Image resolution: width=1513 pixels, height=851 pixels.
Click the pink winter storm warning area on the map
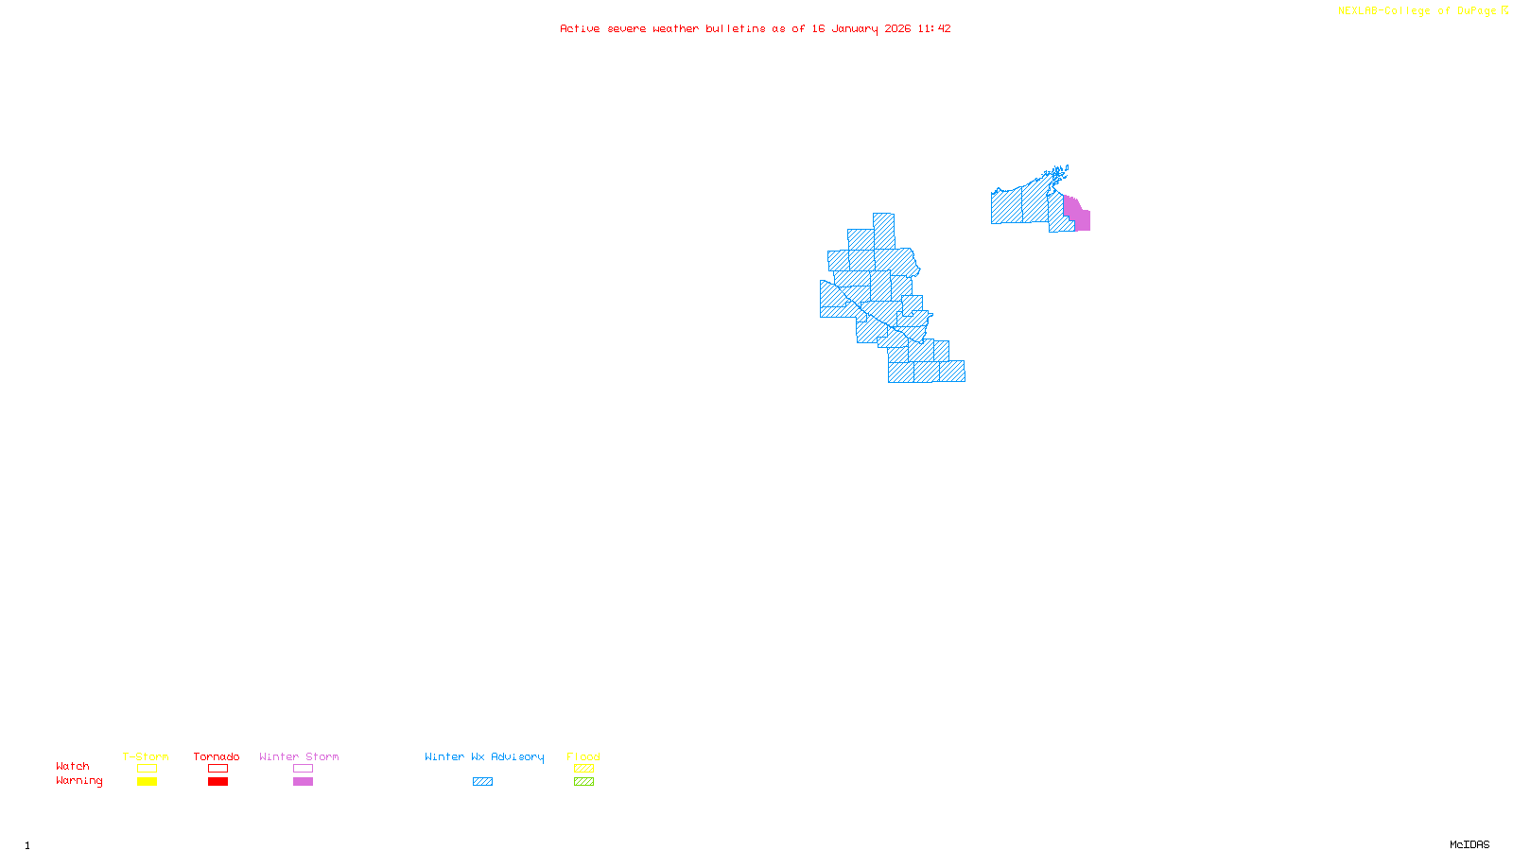(x=1081, y=218)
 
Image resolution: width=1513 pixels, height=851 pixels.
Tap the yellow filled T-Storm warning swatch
(x=147, y=782)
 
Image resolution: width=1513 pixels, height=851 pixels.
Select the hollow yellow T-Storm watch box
(x=147, y=769)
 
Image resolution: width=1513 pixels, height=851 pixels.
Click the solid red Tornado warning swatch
(x=217, y=782)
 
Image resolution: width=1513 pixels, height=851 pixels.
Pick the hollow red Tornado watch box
(x=217, y=769)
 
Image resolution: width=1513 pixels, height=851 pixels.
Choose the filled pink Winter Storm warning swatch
(x=303, y=782)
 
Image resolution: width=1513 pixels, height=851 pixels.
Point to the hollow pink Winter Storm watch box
(x=303, y=769)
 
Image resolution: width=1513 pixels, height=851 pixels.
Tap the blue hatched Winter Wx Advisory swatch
(x=482, y=782)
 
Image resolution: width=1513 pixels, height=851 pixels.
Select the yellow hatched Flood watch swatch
(x=583, y=769)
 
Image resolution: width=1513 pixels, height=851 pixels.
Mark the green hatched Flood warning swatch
(x=583, y=782)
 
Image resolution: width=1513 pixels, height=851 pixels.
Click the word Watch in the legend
(x=73, y=767)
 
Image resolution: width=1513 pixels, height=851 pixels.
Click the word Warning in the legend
(x=78, y=781)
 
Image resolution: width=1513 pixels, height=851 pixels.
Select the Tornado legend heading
(x=217, y=756)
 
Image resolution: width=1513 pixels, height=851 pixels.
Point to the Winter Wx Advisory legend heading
(x=484, y=756)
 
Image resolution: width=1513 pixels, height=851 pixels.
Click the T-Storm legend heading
(x=146, y=756)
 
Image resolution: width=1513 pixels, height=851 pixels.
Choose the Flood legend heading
(x=583, y=756)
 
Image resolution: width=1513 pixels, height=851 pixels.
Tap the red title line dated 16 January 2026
(x=756, y=29)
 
